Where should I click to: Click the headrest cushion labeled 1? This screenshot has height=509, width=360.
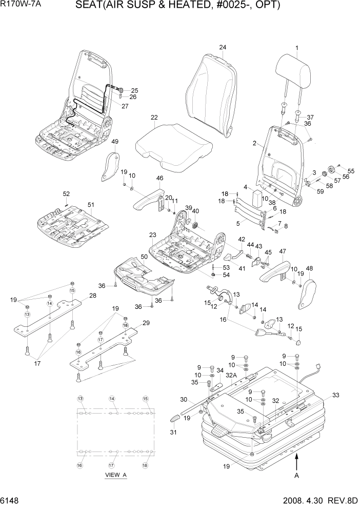(294, 70)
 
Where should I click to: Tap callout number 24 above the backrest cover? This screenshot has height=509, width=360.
(223, 48)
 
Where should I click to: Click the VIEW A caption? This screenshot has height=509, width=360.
(115, 475)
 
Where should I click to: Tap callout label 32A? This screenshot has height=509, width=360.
(231, 375)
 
